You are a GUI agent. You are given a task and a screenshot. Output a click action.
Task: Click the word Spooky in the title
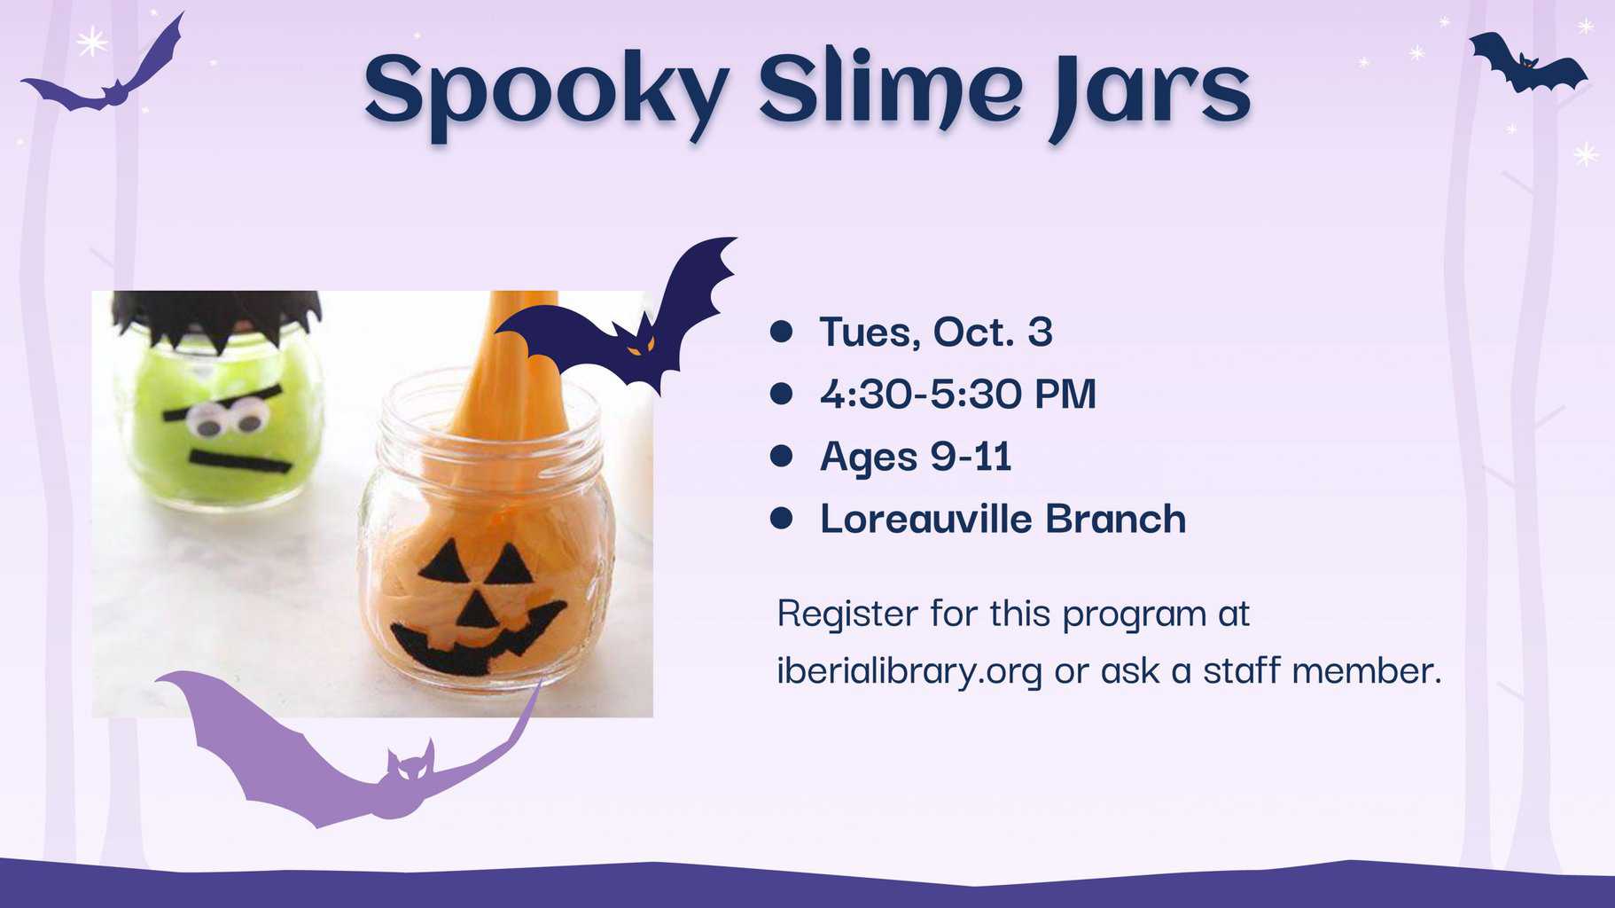[547, 91]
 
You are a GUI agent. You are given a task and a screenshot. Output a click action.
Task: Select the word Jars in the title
[1149, 93]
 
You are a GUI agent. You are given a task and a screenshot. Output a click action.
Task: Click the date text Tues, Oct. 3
[936, 333]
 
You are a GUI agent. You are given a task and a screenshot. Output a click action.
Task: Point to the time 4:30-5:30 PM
[958, 394]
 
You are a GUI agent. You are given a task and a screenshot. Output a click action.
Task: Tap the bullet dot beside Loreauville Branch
[781, 518]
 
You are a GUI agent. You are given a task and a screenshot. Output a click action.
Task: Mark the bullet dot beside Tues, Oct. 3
[781, 332]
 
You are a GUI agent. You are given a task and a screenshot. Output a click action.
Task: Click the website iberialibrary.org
[909, 671]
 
